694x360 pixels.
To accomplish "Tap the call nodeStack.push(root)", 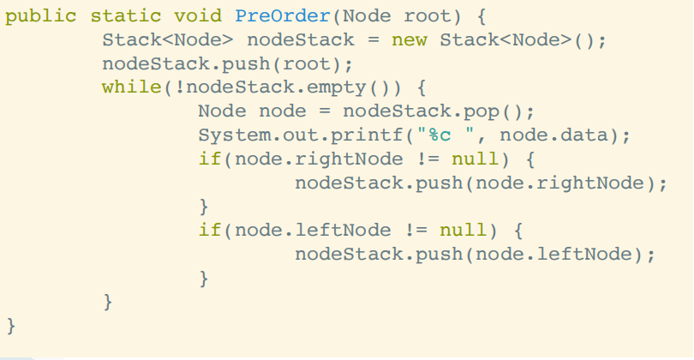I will pyautogui.click(x=227, y=64).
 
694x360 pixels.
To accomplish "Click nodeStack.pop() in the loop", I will pyautogui.click(x=439, y=111).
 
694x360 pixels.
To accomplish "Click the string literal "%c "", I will pyautogui.click(x=452, y=135).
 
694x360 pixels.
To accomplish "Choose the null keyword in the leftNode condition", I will pyautogui.click(x=464, y=231).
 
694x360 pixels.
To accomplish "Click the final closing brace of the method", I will pyautogui.click(x=10, y=326).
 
